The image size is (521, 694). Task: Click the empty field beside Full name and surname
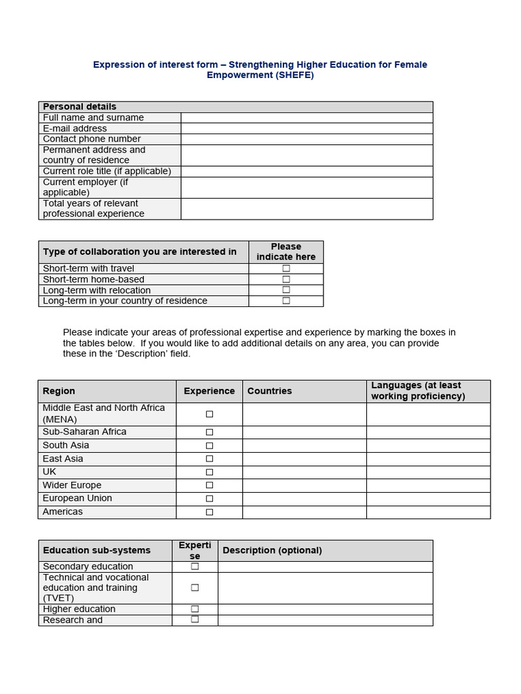coord(307,117)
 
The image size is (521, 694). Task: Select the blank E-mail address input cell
coord(307,128)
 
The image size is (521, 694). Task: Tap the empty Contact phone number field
coord(307,139)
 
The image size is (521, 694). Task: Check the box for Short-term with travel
coord(286,268)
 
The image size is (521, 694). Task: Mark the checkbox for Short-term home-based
coord(286,279)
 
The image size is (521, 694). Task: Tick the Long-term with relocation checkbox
coord(286,290)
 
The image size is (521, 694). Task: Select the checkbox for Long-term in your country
coord(286,301)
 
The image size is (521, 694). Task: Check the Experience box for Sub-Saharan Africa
coord(210,432)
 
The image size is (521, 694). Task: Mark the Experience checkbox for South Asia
coord(210,446)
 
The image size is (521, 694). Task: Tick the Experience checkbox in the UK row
coord(210,472)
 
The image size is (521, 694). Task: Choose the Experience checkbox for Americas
coord(210,512)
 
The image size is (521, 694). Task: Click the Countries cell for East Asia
coord(305,459)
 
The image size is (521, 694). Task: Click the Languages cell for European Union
coord(428,499)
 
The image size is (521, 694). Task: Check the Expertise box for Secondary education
coord(195,567)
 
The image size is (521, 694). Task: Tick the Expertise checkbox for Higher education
coord(195,609)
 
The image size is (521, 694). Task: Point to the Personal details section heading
coord(79,106)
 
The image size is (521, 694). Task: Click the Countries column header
coord(269,391)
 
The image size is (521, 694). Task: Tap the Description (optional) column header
coord(272,550)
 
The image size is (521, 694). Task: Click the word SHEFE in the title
coord(294,75)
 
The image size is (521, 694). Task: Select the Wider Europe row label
coord(72,485)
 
